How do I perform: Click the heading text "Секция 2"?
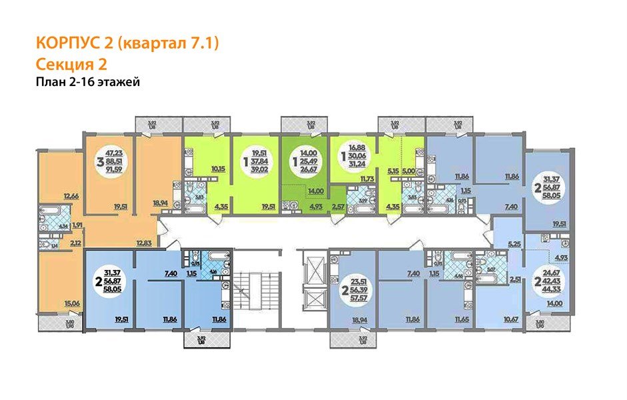pyautogui.click(x=70, y=64)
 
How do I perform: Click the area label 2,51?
pyautogui.click(x=513, y=281)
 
